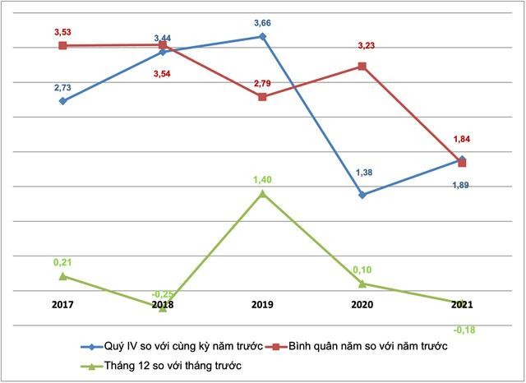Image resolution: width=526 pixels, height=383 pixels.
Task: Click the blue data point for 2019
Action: pyautogui.click(x=262, y=37)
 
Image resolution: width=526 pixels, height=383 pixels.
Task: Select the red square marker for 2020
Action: pyautogui.click(x=362, y=66)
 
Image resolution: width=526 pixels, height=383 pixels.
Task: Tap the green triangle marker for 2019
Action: pyautogui.click(x=262, y=193)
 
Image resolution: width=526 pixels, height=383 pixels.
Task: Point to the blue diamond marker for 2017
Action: pyautogui.click(x=62, y=101)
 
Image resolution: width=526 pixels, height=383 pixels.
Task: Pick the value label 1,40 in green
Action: pyautogui.click(x=262, y=178)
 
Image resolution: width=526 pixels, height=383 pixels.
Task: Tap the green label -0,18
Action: pyautogui.click(x=464, y=330)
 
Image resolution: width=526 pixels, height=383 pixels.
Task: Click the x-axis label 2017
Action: pyautogui.click(x=62, y=305)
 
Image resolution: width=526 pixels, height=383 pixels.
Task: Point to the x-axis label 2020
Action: pyautogui.click(x=362, y=305)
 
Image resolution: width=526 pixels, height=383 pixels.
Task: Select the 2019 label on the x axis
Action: pyautogui.click(x=262, y=305)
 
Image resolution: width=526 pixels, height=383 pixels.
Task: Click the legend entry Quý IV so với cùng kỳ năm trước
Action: pyautogui.click(x=177, y=347)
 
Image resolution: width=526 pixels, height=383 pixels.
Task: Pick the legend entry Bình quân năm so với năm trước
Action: pyautogui.click(x=367, y=347)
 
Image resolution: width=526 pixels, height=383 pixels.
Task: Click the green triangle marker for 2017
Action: pyautogui.click(x=62, y=275)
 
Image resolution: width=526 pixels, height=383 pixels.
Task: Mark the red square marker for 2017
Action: pyautogui.click(x=62, y=46)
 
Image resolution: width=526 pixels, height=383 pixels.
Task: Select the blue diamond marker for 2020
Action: pyautogui.click(x=362, y=195)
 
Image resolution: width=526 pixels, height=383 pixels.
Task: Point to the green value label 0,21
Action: pyautogui.click(x=62, y=261)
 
